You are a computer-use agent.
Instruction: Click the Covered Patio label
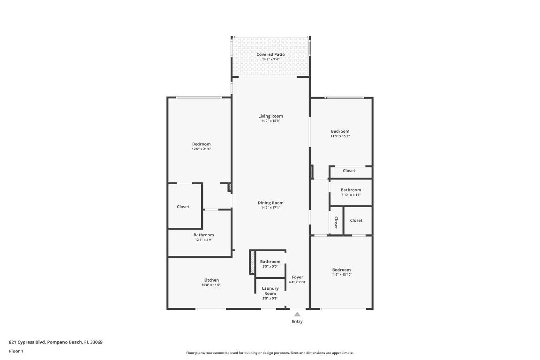pyautogui.click(x=270, y=55)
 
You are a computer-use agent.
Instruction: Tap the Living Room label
pyautogui.click(x=270, y=116)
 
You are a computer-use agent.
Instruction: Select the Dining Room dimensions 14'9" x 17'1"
pyautogui.click(x=270, y=208)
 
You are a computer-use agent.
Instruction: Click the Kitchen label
pyautogui.click(x=211, y=280)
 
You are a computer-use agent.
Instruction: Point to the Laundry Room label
pyautogui.click(x=270, y=291)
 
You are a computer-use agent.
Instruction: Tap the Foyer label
pyautogui.click(x=297, y=277)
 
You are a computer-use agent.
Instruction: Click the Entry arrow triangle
pyautogui.click(x=297, y=315)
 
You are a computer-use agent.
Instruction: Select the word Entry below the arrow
pyautogui.click(x=297, y=322)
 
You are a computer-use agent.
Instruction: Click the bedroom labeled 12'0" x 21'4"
pyautogui.click(x=201, y=144)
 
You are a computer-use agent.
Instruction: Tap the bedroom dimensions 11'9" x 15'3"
pyautogui.click(x=340, y=136)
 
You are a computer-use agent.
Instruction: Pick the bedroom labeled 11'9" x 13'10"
pyautogui.click(x=341, y=270)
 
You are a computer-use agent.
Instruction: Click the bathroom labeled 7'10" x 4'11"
pyautogui.click(x=351, y=190)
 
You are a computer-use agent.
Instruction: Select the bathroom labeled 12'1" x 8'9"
pyautogui.click(x=203, y=235)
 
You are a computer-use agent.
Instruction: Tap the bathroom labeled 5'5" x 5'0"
pyautogui.click(x=270, y=262)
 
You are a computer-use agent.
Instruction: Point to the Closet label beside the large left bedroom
pyautogui.click(x=183, y=207)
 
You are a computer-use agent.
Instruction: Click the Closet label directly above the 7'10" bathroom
pyautogui.click(x=349, y=171)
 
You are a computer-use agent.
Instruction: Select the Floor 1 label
pyautogui.click(x=16, y=351)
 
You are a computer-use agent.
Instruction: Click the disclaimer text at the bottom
pyautogui.click(x=270, y=353)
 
